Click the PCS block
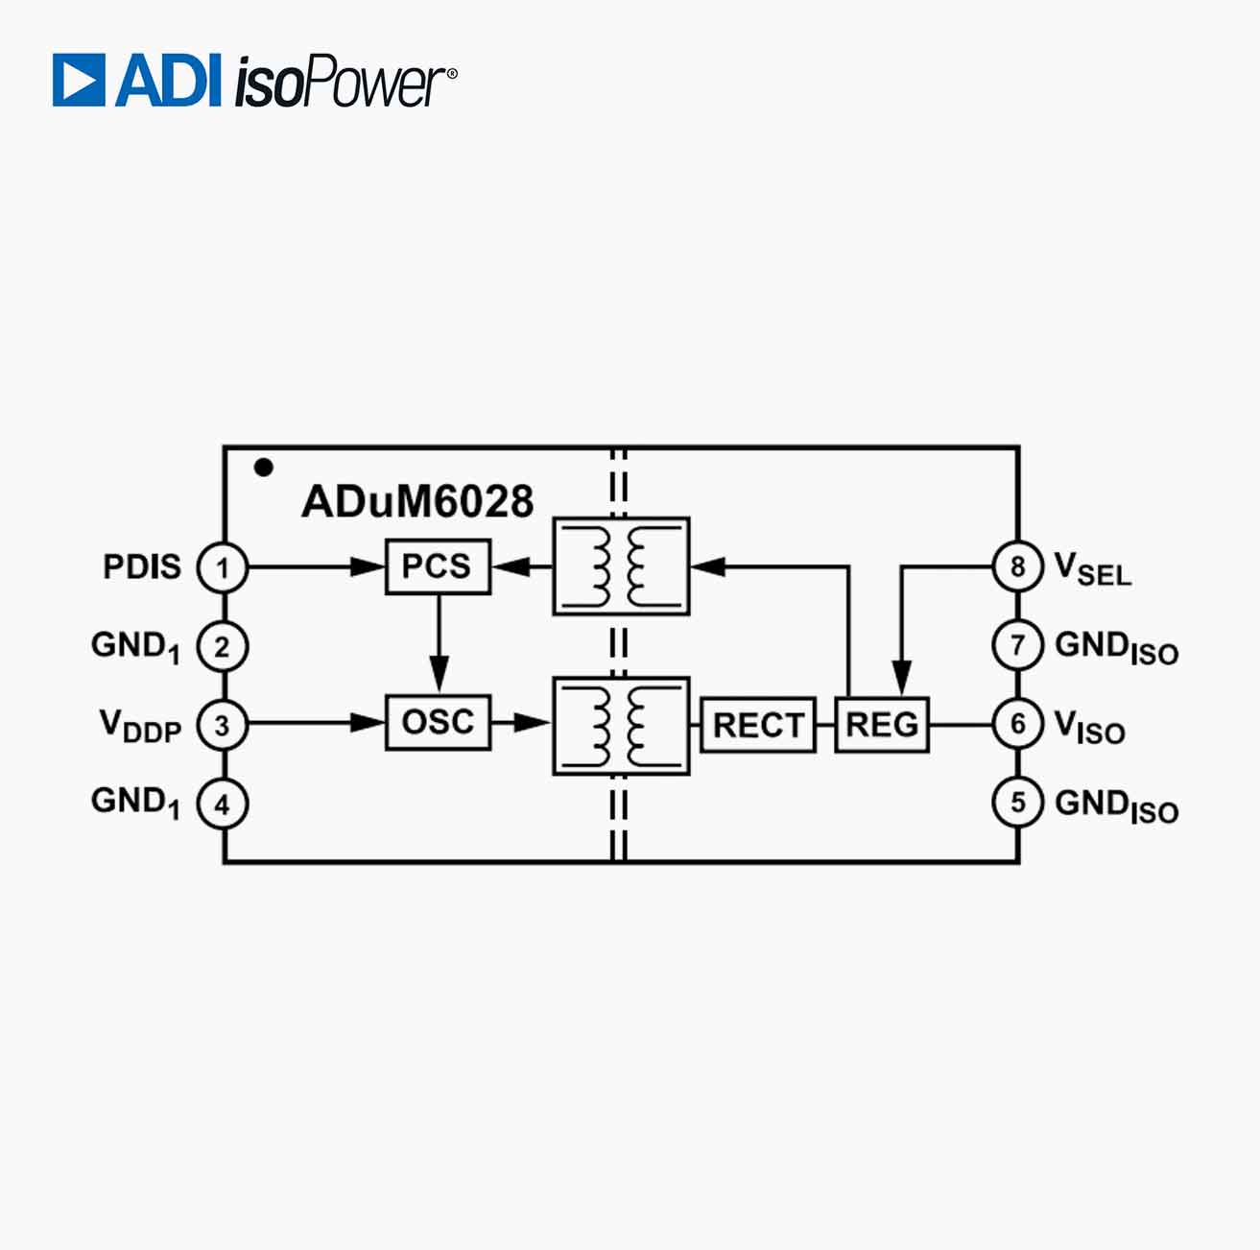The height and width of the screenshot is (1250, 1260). pyautogui.click(x=438, y=566)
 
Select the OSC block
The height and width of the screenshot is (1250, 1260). pyautogui.click(x=438, y=722)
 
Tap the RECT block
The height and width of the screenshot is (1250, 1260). pyautogui.click(x=758, y=725)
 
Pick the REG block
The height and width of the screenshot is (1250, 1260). pyautogui.click(x=882, y=725)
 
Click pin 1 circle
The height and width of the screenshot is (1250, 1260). pyautogui.click(x=222, y=568)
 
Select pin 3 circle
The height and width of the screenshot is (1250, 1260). pyautogui.click(x=222, y=726)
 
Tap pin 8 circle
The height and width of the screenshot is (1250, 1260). pyautogui.click(x=1017, y=566)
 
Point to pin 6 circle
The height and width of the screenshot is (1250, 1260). pyautogui.click(x=1017, y=724)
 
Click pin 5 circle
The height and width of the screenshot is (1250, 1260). pyautogui.click(x=1017, y=803)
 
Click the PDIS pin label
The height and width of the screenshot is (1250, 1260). pyautogui.click(x=142, y=566)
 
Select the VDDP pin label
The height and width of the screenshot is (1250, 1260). pyautogui.click(x=140, y=726)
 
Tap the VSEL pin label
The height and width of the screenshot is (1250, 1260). pyautogui.click(x=1092, y=568)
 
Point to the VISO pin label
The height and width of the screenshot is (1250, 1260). pyautogui.click(x=1089, y=727)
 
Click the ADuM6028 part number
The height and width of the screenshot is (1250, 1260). pyautogui.click(x=417, y=501)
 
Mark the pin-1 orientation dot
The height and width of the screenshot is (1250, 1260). pyautogui.click(x=264, y=468)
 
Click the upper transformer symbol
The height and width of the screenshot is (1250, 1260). pyautogui.click(x=621, y=566)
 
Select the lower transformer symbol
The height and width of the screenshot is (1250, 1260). pyautogui.click(x=621, y=726)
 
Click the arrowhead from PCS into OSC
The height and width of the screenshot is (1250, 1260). pyautogui.click(x=439, y=673)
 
